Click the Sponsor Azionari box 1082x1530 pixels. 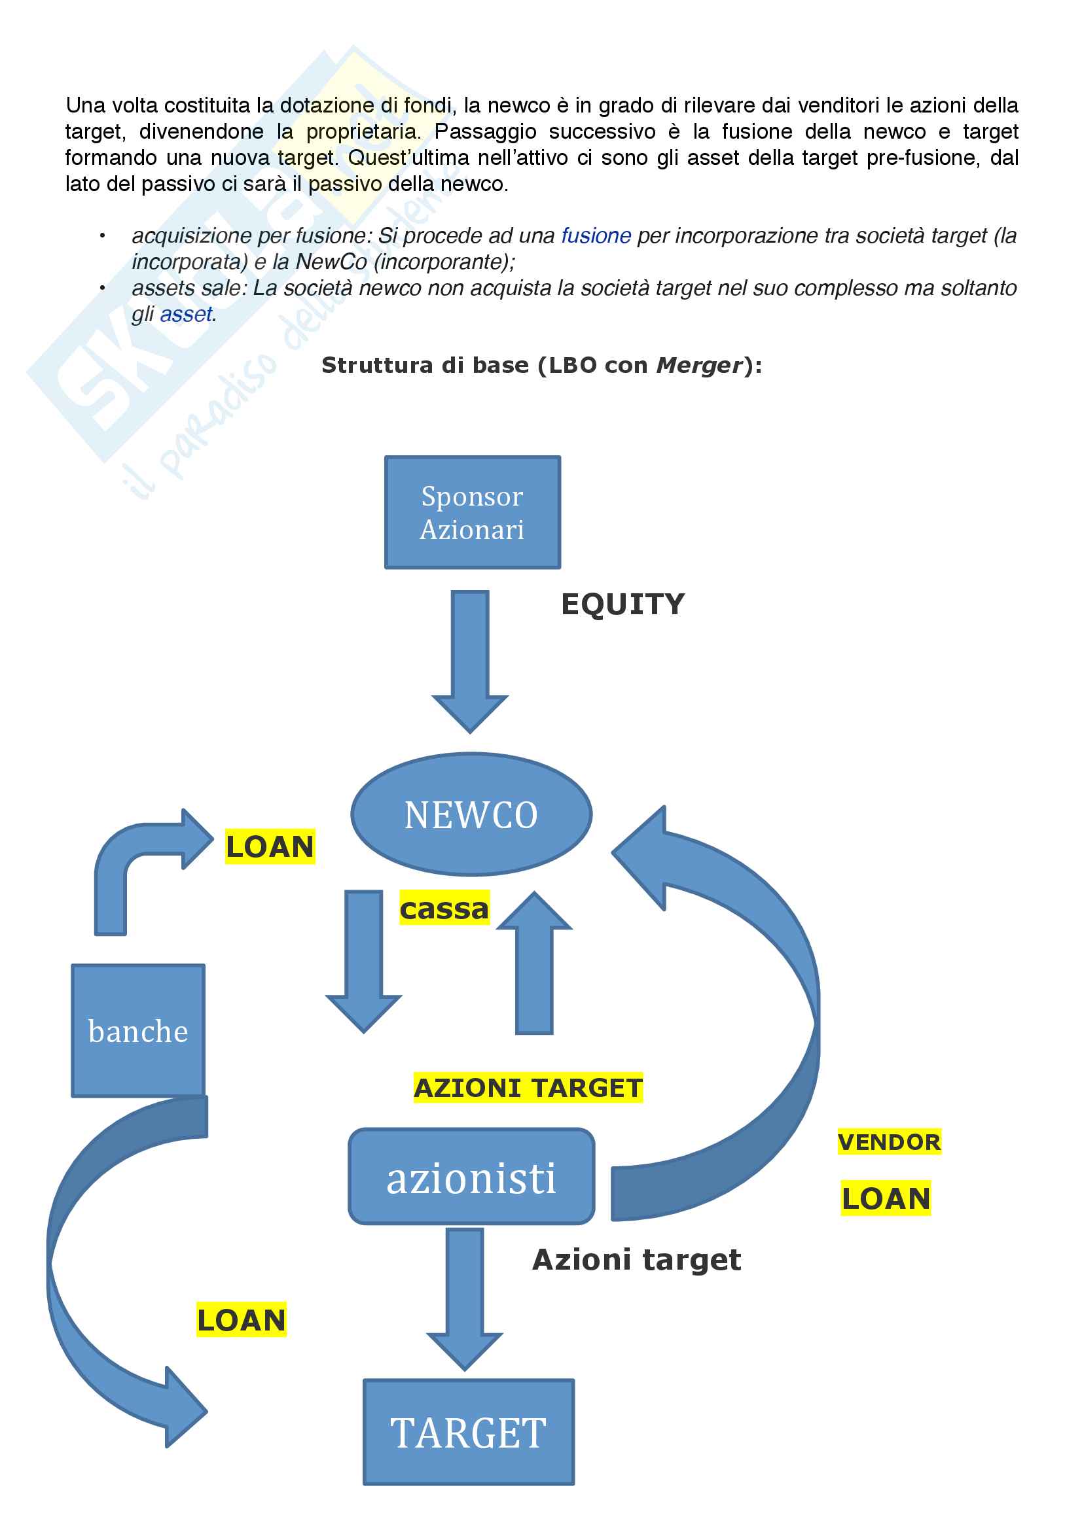[472, 512]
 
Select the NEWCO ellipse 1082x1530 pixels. [471, 814]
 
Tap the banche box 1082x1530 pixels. [138, 1030]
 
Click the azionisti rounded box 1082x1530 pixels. [471, 1177]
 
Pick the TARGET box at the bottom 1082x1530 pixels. [469, 1432]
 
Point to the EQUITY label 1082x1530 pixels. [622, 604]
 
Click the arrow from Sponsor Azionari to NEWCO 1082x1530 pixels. [470, 660]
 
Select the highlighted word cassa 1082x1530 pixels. [444, 909]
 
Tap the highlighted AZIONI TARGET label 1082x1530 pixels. [528, 1088]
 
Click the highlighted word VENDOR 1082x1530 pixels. [889, 1142]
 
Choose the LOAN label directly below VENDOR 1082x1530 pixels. [886, 1198]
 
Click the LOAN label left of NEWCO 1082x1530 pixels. [270, 846]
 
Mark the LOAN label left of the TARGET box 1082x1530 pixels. [242, 1320]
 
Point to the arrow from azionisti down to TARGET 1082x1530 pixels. [465, 1296]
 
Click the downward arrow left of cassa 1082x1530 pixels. [364, 960]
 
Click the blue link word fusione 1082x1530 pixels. [596, 236]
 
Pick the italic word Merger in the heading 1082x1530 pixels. [699, 365]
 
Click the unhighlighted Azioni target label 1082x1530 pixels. [637, 1259]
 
